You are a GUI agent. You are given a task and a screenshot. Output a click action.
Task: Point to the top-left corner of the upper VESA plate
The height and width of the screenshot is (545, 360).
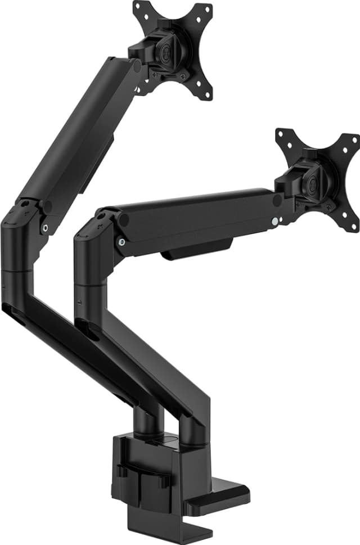[137, 7]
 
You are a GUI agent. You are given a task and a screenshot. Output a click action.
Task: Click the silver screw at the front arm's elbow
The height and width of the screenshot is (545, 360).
[121, 242]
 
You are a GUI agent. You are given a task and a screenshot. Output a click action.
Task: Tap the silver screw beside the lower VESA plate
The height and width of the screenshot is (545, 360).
[273, 221]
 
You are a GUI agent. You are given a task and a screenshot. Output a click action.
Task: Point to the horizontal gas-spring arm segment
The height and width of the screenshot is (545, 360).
[197, 217]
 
